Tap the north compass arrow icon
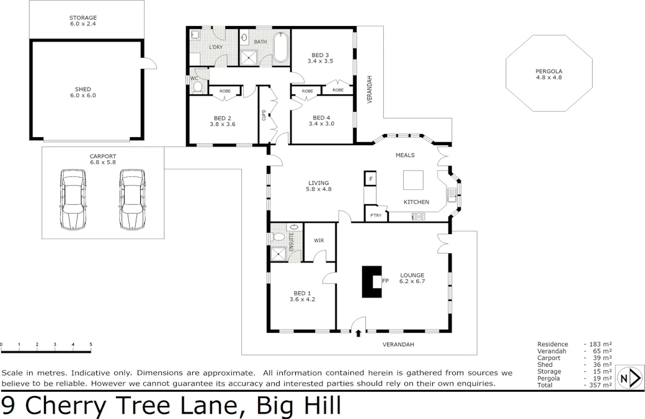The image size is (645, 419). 631,377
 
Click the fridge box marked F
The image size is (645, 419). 371,179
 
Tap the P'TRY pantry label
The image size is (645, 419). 375,215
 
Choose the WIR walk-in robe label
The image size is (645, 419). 319,240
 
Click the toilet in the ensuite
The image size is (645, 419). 278,237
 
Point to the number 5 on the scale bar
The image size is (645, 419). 91,345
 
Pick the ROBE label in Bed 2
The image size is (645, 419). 225,91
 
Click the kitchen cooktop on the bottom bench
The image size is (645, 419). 418,217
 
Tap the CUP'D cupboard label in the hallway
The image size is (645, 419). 264,116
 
